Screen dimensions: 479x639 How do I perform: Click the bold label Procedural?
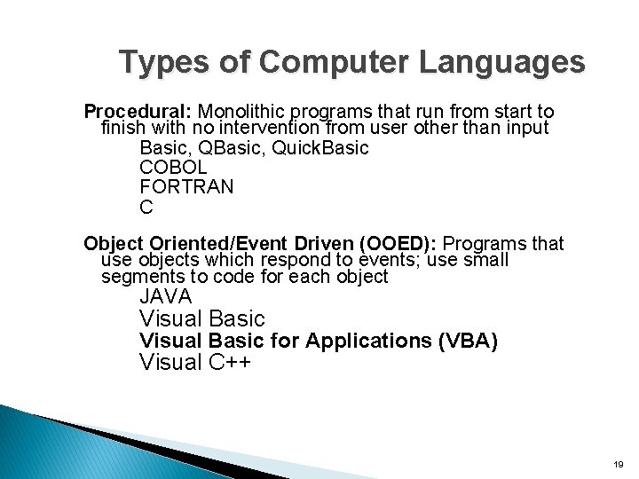click(x=138, y=112)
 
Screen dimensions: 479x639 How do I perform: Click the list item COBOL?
click(x=173, y=167)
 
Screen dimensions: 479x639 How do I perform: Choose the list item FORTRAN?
click(x=186, y=187)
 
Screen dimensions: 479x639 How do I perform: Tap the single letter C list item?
click(x=146, y=208)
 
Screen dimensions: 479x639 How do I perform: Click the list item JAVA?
click(x=165, y=297)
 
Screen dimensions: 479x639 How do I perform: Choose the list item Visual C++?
click(x=195, y=362)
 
